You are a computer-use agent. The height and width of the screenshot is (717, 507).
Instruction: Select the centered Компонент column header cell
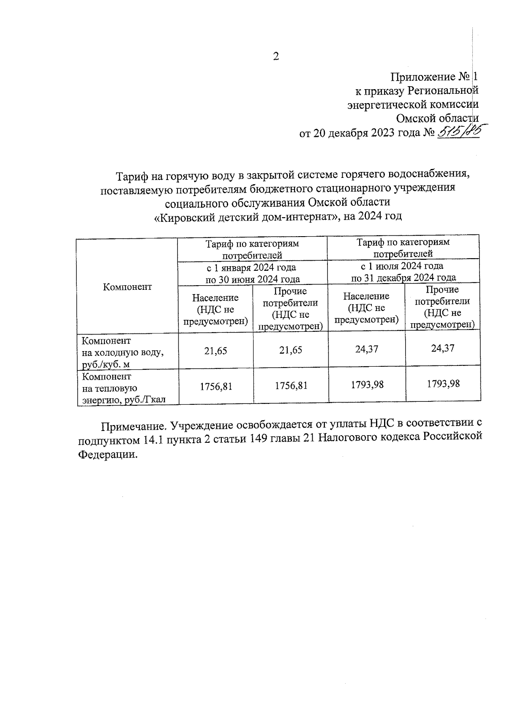pyautogui.click(x=127, y=287)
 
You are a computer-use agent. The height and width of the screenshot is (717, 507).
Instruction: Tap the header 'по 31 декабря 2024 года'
pyautogui.click(x=403, y=278)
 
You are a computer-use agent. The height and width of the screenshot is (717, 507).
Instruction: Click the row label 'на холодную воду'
pyautogui.click(x=123, y=352)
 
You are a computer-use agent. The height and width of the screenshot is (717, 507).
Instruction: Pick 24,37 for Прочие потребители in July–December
pyautogui.click(x=442, y=348)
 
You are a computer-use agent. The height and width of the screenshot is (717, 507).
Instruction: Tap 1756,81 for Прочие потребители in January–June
pyautogui.click(x=291, y=385)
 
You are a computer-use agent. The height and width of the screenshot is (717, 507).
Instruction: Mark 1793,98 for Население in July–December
pyautogui.click(x=367, y=384)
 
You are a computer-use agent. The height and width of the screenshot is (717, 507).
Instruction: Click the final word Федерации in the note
pyautogui.click(x=108, y=455)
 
